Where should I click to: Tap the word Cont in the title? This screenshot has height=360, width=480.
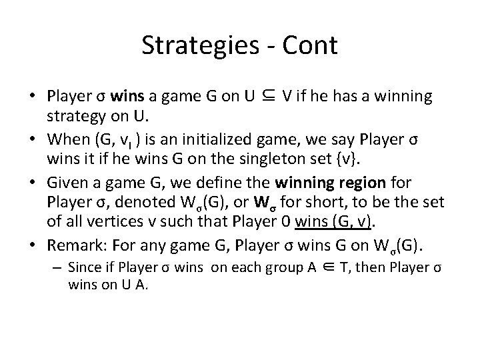pos(311,45)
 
